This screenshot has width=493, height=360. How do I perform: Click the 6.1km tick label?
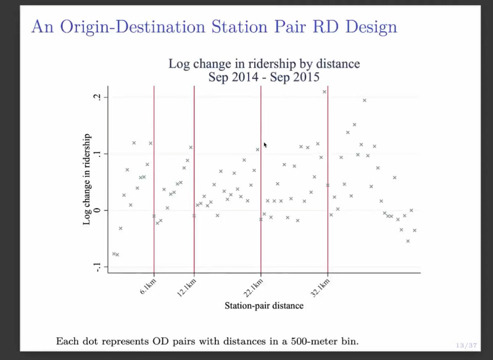click(x=147, y=287)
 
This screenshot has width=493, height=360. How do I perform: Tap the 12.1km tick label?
click(x=186, y=288)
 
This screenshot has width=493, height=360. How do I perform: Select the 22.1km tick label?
click(x=253, y=288)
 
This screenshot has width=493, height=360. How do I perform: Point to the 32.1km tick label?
click(x=320, y=288)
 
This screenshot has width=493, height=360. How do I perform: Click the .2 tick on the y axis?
click(x=97, y=97)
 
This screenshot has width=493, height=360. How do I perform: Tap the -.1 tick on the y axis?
click(x=97, y=267)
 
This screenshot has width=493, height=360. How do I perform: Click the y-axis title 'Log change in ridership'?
click(x=87, y=179)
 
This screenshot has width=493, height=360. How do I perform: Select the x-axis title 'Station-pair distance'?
click(x=264, y=306)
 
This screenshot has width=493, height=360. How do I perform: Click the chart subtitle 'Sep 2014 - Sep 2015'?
click(x=264, y=77)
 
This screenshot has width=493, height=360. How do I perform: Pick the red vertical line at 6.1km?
click(x=154, y=179)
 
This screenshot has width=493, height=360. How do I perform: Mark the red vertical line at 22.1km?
click(x=260, y=179)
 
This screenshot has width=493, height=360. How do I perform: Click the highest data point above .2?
click(x=325, y=92)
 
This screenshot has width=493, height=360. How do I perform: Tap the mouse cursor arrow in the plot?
click(x=265, y=144)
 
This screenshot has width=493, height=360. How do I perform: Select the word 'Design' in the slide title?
click(x=371, y=27)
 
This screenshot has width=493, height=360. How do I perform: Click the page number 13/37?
click(x=466, y=346)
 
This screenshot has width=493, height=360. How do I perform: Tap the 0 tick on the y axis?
click(x=97, y=210)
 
